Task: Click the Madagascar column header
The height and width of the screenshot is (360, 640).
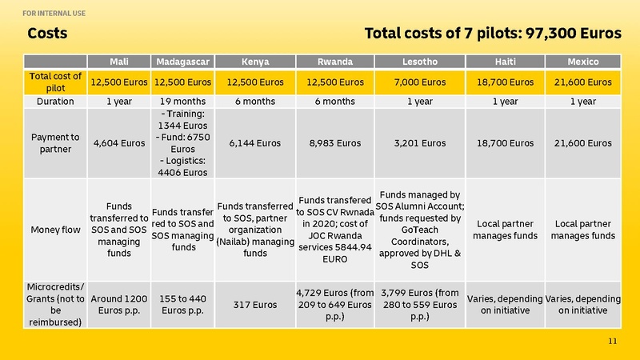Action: pos(182,62)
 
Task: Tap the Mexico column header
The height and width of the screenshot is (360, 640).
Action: pos(583,62)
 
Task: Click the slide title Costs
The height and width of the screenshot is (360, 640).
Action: pos(47,34)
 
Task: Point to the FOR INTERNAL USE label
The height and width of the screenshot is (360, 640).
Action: pos(55,14)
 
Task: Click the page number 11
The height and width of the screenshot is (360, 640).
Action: pos(614,342)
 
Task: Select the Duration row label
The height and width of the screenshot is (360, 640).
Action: pos(55,102)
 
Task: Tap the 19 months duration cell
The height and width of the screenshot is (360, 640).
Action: pos(182,102)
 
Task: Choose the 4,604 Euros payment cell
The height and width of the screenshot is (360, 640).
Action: pos(119,143)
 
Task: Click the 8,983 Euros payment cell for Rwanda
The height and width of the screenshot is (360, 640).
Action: pos(335,143)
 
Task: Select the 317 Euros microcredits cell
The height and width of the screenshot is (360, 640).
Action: pos(255,305)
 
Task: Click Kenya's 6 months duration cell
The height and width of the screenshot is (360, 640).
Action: pos(255,102)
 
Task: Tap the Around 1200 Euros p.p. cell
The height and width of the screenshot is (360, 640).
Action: pos(119,305)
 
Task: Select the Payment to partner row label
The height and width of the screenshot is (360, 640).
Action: pos(55,143)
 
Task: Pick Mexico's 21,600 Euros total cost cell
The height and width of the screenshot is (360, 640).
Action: pos(583,82)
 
